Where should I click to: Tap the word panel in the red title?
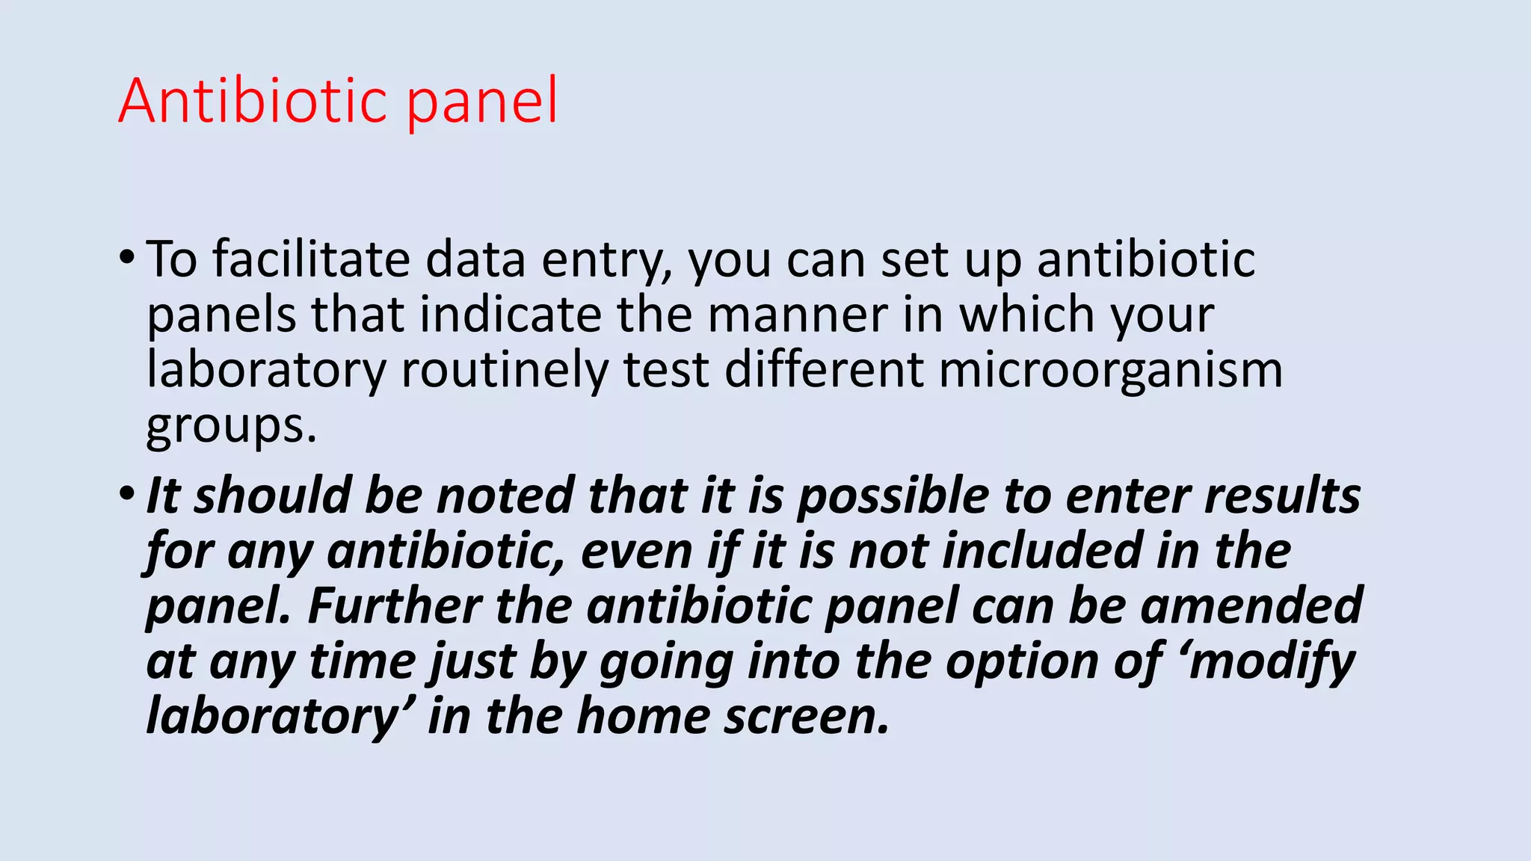[482, 102]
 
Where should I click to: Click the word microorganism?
[1111, 371]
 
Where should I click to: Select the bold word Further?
[394, 605]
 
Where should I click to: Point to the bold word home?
[643, 716]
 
